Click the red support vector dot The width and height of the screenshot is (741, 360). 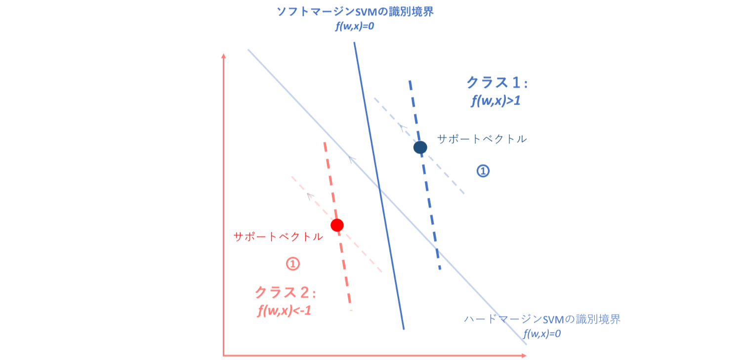(337, 225)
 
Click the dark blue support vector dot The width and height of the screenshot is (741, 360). (420, 147)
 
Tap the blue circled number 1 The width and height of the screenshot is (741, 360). (483, 171)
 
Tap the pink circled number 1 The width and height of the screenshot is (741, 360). (292, 264)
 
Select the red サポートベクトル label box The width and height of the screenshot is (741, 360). (278, 237)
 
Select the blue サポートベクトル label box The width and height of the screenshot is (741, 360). (482, 139)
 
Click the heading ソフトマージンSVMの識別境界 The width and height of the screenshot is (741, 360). (355, 12)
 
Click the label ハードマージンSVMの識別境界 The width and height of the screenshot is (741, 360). (542, 320)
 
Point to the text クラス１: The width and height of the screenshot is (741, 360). (496, 83)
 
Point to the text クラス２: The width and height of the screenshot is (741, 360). (285, 293)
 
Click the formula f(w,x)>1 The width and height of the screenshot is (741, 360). (495, 102)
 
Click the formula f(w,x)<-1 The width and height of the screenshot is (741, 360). (284, 312)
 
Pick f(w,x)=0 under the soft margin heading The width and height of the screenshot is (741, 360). (355, 27)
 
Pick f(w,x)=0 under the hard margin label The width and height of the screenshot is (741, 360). (542, 334)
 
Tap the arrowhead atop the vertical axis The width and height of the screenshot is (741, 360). (223, 55)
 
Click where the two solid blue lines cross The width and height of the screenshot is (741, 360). (379, 188)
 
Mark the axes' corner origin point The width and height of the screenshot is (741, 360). (223, 355)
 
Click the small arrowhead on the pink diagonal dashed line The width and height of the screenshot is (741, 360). (310, 196)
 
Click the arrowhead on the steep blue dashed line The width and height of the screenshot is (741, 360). (437, 251)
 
